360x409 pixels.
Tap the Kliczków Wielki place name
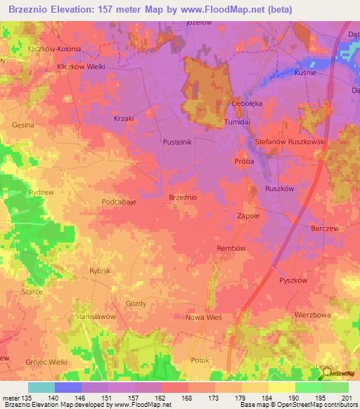(x=81, y=67)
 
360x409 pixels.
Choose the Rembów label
(x=231, y=248)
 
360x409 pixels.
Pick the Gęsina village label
(x=23, y=124)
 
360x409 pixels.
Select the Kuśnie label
(x=305, y=72)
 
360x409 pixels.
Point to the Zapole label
(x=248, y=216)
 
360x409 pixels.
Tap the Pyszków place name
(x=293, y=280)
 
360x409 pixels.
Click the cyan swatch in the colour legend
(x=41, y=387)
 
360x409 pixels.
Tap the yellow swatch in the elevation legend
(x=281, y=387)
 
